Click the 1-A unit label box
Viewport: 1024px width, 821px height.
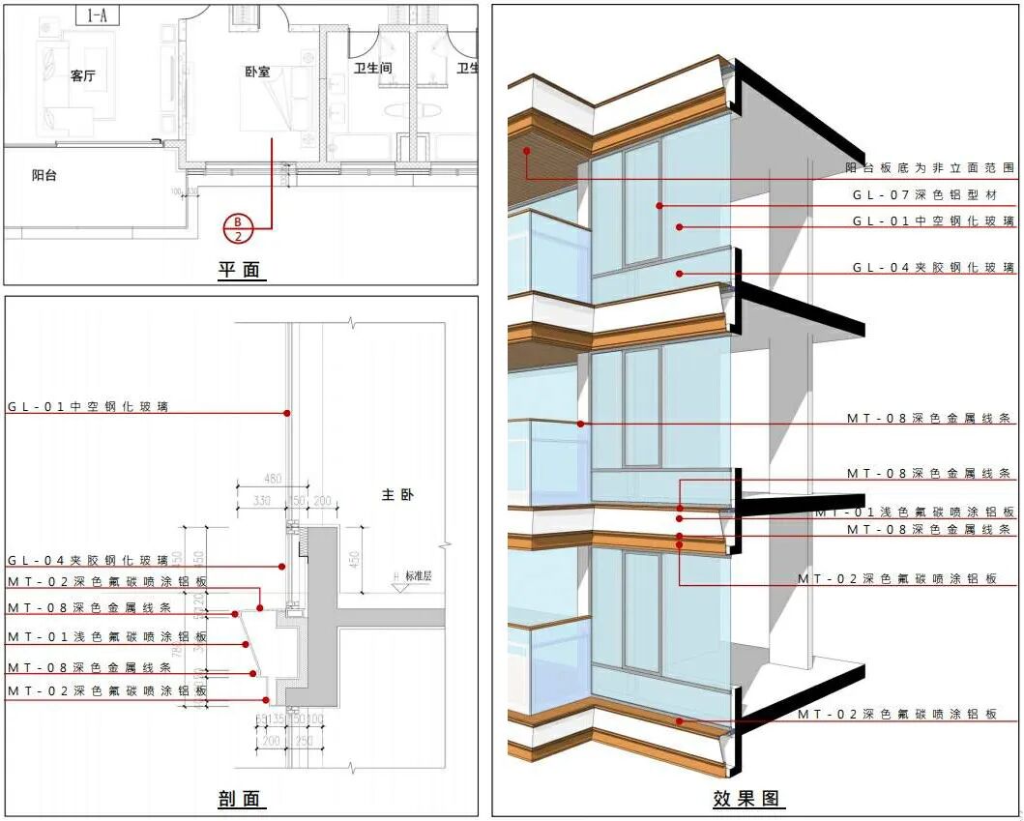97,15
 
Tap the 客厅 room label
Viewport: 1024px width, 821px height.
83,76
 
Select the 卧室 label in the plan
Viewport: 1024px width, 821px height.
258,71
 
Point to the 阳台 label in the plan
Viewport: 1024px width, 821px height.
44,175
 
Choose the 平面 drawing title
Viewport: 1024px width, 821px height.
240,270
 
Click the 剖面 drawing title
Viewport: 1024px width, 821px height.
240,799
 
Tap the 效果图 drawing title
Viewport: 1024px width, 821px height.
746,799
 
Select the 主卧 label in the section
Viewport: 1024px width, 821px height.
395,494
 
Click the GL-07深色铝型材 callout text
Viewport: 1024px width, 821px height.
933,194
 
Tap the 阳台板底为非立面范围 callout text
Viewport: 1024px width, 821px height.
930,168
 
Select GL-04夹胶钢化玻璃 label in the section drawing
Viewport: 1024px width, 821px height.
88,560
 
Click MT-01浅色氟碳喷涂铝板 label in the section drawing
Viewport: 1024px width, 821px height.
107,637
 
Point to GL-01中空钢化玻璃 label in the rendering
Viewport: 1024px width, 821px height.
933,220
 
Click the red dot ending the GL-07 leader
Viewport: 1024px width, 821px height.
659,205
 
